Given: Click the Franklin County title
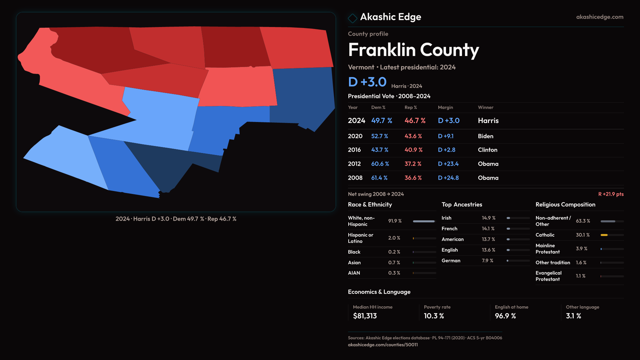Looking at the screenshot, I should pyautogui.click(x=413, y=50).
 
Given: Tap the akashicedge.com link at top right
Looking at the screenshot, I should pyautogui.click(x=599, y=17).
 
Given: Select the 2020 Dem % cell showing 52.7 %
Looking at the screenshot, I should pyautogui.click(x=380, y=136).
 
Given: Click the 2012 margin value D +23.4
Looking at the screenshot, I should pyautogui.click(x=448, y=164).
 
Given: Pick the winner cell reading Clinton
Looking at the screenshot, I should pyautogui.click(x=487, y=150).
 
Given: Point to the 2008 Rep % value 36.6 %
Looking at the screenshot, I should pyautogui.click(x=413, y=178).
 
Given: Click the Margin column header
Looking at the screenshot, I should pyautogui.click(x=445, y=107).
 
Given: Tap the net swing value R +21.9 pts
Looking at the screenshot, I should pyautogui.click(x=611, y=194).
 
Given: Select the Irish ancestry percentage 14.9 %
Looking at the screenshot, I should pyautogui.click(x=488, y=218).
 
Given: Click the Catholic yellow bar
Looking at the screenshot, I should pyautogui.click(x=604, y=235).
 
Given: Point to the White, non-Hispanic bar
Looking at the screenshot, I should pyautogui.click(x=424, y=221).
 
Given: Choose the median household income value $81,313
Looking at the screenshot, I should pyautogui.click(x=365, y=316).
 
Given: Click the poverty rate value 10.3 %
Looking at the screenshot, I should pyautogui.click(x=434, y=316).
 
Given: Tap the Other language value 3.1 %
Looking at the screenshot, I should pyautogui.click(x=573, y=316).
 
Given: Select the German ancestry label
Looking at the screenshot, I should pyautogui.click(x=451, y=261).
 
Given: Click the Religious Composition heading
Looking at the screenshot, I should pyautogui.click(x=565, y=205).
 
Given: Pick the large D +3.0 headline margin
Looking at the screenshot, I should pyautogui.click(x=367, y=82).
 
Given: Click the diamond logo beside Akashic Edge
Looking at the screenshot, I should pyautogui.click(x=352, y=18).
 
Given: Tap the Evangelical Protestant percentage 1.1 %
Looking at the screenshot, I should pyautogui.click(x=580, y=276).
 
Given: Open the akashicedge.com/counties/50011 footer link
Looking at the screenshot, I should pyautogui.click(x=383, y=345).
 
